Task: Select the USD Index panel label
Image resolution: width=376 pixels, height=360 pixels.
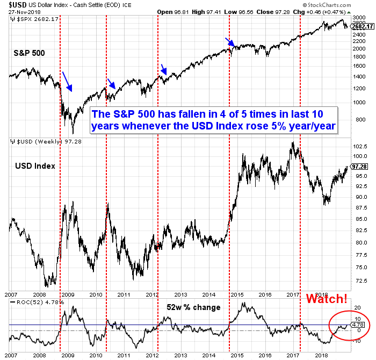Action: pos(34,165)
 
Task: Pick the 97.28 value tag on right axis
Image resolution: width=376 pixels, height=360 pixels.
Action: pos(359,167)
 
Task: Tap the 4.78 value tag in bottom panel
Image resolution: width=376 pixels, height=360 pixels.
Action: pos(357,324)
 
